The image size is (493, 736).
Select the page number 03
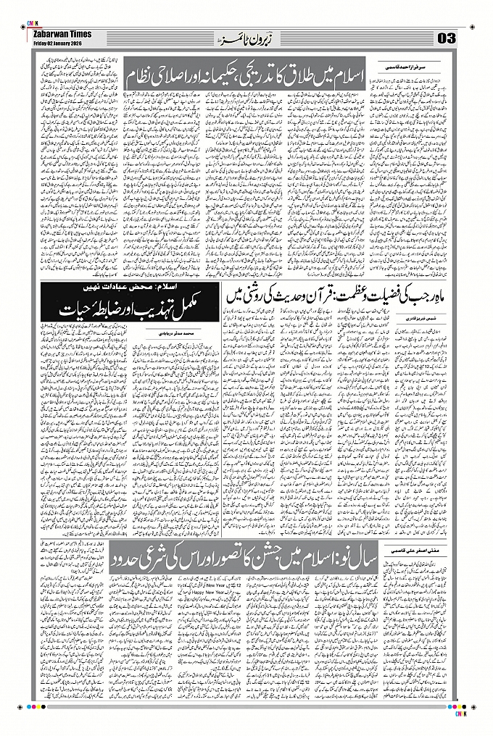446,38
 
